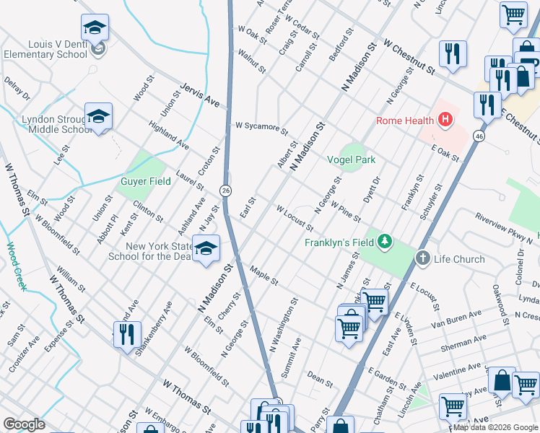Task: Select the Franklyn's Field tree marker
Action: pos(386,242)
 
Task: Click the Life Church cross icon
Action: pos(423,258)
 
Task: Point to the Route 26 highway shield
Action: pos(226,190)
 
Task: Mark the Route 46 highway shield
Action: pos(479,136)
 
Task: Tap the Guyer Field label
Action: pos(145,182)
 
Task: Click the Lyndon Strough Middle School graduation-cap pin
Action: pos(98,116)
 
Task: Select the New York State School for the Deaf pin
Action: pos(206,248)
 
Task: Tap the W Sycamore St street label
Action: pos(261,128)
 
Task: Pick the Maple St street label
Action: pos(264,276)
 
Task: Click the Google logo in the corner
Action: pos(24,424)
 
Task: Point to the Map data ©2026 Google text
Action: pos(495,427)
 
